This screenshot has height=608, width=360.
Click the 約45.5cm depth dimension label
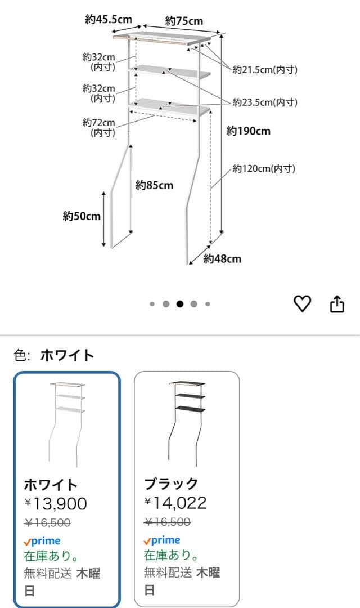point(109,20)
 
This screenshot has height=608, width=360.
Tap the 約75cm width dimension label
point(184,21)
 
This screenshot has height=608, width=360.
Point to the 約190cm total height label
point(248,131)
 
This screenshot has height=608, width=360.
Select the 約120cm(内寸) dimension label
point(264,168)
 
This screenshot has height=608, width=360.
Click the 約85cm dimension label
point(154,185)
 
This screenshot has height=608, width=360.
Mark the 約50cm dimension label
point(82,216)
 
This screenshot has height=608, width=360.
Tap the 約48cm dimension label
point(222,258)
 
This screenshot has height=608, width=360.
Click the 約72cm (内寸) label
point(99,128)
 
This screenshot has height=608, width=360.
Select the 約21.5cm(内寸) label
point(265,70)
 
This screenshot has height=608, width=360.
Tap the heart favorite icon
point(303,304)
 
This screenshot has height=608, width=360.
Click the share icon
point(336,304)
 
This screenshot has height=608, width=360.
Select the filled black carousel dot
point(180,304)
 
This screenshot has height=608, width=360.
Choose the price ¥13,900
point(56,503)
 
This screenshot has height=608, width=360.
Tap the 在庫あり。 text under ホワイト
point(51,556)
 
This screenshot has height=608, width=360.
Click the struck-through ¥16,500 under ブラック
point(167,522)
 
